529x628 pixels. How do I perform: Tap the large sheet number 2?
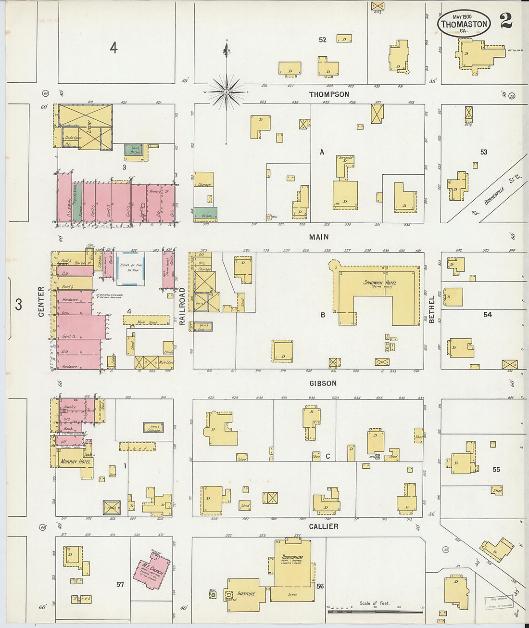[x=505, y=21]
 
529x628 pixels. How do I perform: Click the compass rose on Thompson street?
[x=227, y=91]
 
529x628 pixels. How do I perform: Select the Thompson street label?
[x=329, y=94]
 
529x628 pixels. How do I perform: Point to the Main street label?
[x=319, y=237]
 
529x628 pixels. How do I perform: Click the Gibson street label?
[x=323, y=384]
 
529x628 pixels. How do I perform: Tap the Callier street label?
[x=323, y=526]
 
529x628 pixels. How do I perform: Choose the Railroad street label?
[x=182, y=307]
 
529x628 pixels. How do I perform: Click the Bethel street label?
[x=432, y=309]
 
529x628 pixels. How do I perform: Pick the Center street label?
[x=41, y=302]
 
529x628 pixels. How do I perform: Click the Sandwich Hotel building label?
[x=379, y=282]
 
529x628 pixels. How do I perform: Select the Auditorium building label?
[x=292, y=557]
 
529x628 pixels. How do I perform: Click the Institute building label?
[x=245, y=594]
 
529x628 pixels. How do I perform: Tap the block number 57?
[x=120, y=584]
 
